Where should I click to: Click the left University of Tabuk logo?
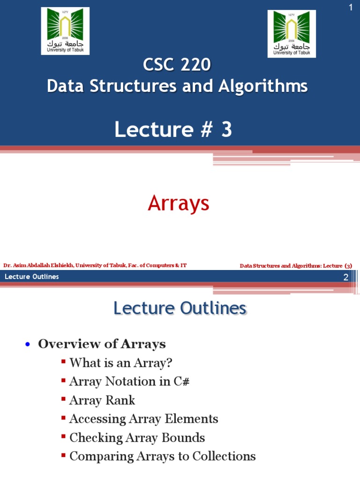click(65, 31)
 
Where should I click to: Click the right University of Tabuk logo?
click(292, 34)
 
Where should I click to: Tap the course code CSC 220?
click(177, 65)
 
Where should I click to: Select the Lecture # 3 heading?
click(173, 130)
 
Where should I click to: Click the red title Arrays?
click(178, 203)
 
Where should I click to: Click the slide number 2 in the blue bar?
click(346, 277)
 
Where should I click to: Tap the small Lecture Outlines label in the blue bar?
click(32, 277)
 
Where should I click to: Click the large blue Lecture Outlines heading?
click(180, 308)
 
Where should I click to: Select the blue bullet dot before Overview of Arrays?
click(28, 345)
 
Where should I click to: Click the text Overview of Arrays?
click(102, 344)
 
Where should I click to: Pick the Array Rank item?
click(102, 400)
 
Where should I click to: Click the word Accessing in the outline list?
click(97, 419)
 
